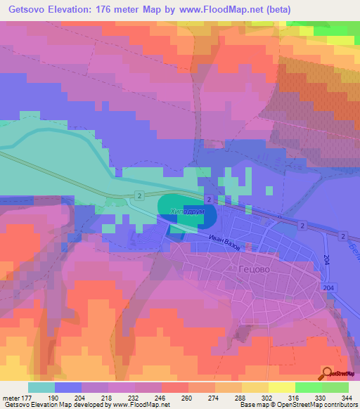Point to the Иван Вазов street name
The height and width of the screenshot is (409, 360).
(226, 245)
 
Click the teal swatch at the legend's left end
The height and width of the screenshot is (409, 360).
(41, 387)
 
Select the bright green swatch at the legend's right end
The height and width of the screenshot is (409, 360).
(335, 387)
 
